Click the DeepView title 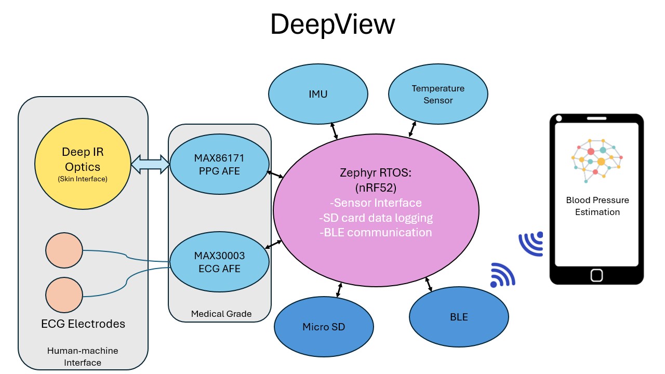point(332,24)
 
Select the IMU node point(318,95)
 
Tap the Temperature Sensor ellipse point(438,95)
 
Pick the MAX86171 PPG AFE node point(219,164)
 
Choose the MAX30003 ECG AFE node point(219,261)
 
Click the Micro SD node point(324,327)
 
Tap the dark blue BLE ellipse point(459,317)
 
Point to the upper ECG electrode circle point(64,250)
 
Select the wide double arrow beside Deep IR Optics point(150,165)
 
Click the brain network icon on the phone point(596,160)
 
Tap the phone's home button point(596,275)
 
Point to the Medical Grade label point(221,314)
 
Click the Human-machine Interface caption point(83,356)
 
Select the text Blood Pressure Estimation point(597,206)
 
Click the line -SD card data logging point(376,218)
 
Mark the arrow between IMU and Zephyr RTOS point(334,130)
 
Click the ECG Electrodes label point(83,324)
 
